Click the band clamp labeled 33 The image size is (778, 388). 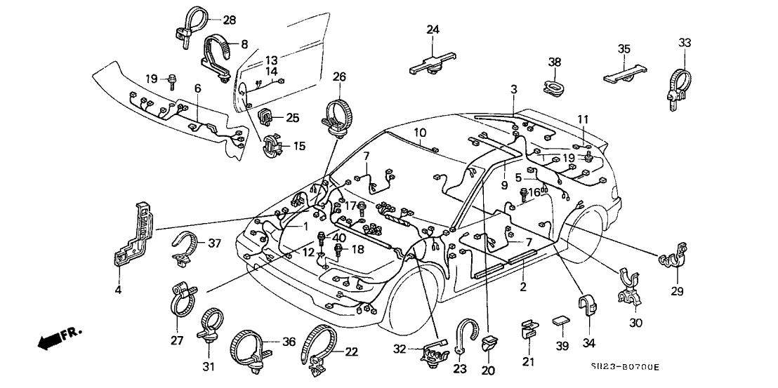click(678, 81)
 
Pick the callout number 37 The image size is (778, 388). click(214, 243)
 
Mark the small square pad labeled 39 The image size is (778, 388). click(561, 323)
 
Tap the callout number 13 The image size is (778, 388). click(270, 60)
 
